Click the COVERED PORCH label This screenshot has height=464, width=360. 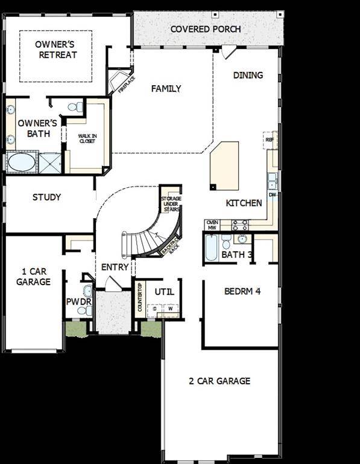(x=206, y=29)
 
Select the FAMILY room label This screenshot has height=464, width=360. (x=166, y=89)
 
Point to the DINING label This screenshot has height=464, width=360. (x=248, y=76)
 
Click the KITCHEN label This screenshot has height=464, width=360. (x=244, y=203)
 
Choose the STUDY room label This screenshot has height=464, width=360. (x=46, y=197)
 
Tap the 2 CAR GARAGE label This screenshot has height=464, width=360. (x=219, y=381)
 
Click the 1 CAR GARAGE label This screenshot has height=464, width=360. (x=33, y=277)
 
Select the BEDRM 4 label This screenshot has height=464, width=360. (x=242, y=291)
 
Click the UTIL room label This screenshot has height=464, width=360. (x=164, y=292)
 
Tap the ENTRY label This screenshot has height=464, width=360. (x=115, y=267)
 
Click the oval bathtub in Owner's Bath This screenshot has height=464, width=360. (x=21, y=163)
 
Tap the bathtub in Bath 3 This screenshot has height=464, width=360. (x=211, y=248)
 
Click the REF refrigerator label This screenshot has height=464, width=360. (x=270, y=140)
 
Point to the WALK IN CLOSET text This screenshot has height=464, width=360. (x=87, y=138)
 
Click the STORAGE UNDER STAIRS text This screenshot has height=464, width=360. (x=171, y=205)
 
